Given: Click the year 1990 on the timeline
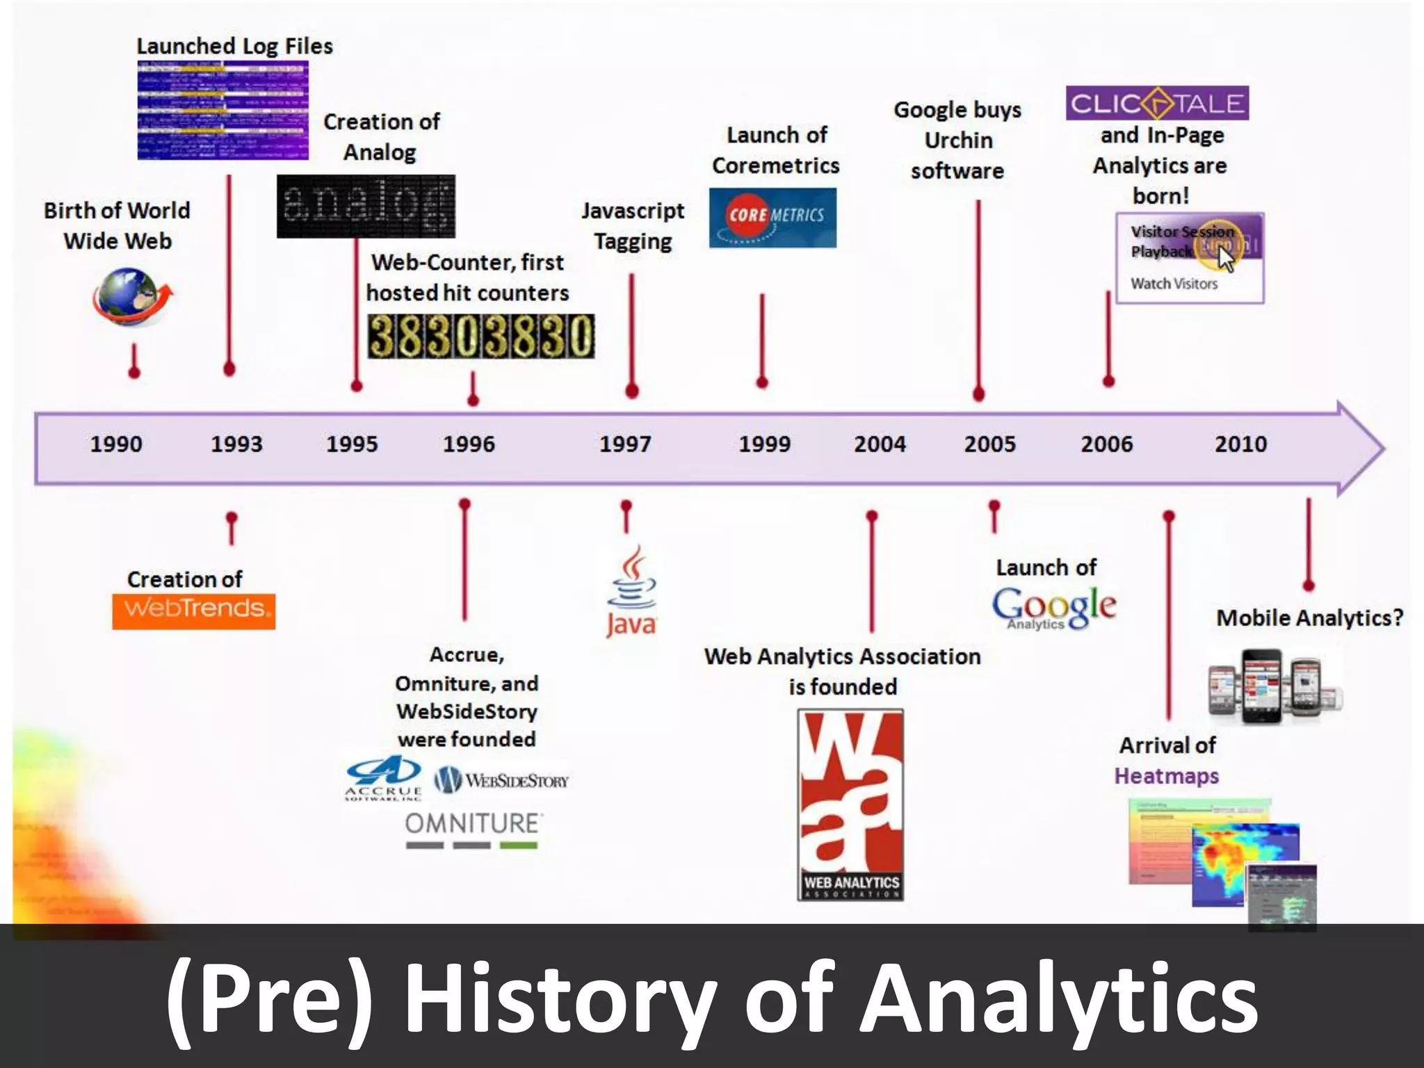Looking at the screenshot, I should pyautogui.click(x=116, y=444).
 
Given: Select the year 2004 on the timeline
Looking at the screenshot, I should pyautogui.click(x=880, y=444).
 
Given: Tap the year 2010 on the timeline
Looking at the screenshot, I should pyautogui.click(x=1240, y=444).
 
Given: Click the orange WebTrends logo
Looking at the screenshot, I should pyautogui.click(x=193, y=610).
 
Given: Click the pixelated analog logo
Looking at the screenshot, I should pyautogui.click(x=366, y=207).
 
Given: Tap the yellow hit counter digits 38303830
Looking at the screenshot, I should pyautogui.click(x=480, y=337).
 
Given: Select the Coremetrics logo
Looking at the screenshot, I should pyautogui.click(x=772, y=217).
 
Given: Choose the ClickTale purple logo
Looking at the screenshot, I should pyautogui.click(x=1157, y=104).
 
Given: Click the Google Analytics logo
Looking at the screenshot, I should pyautogui.click(x=1054, y=607).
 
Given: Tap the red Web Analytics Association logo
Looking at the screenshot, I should pyautogui.click(x=850, y=804).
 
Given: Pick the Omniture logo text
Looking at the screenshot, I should pyautogui.click(x=472, y=824).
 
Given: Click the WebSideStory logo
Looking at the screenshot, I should pyautogui.click(x=501, y=780).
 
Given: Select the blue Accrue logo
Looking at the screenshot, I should pyautogui.click(x=383, y=778).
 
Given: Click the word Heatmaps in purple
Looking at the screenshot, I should pyautogui.click(x=1166, y=776).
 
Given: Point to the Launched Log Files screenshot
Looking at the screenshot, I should pyautogui.click(x=222, y=110).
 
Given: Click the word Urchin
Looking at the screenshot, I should pyautogui.click(x=958, y=140).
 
